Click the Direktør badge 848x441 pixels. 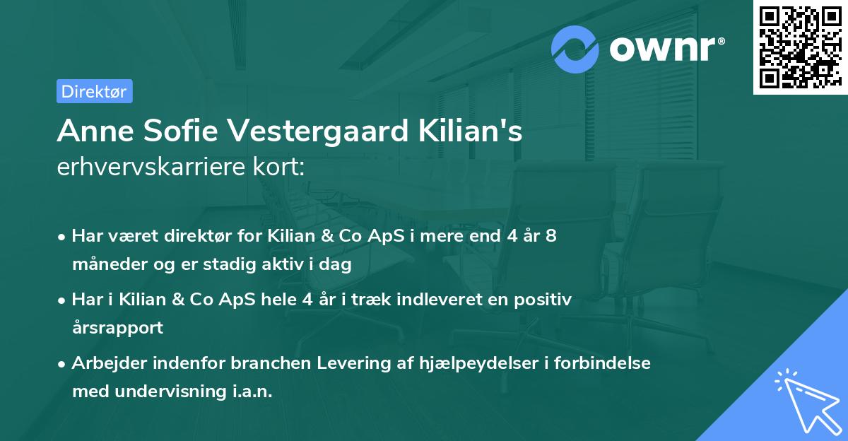[94, 91]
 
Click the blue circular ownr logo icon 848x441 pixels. [575, 49]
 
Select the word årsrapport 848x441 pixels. [117, 328]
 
